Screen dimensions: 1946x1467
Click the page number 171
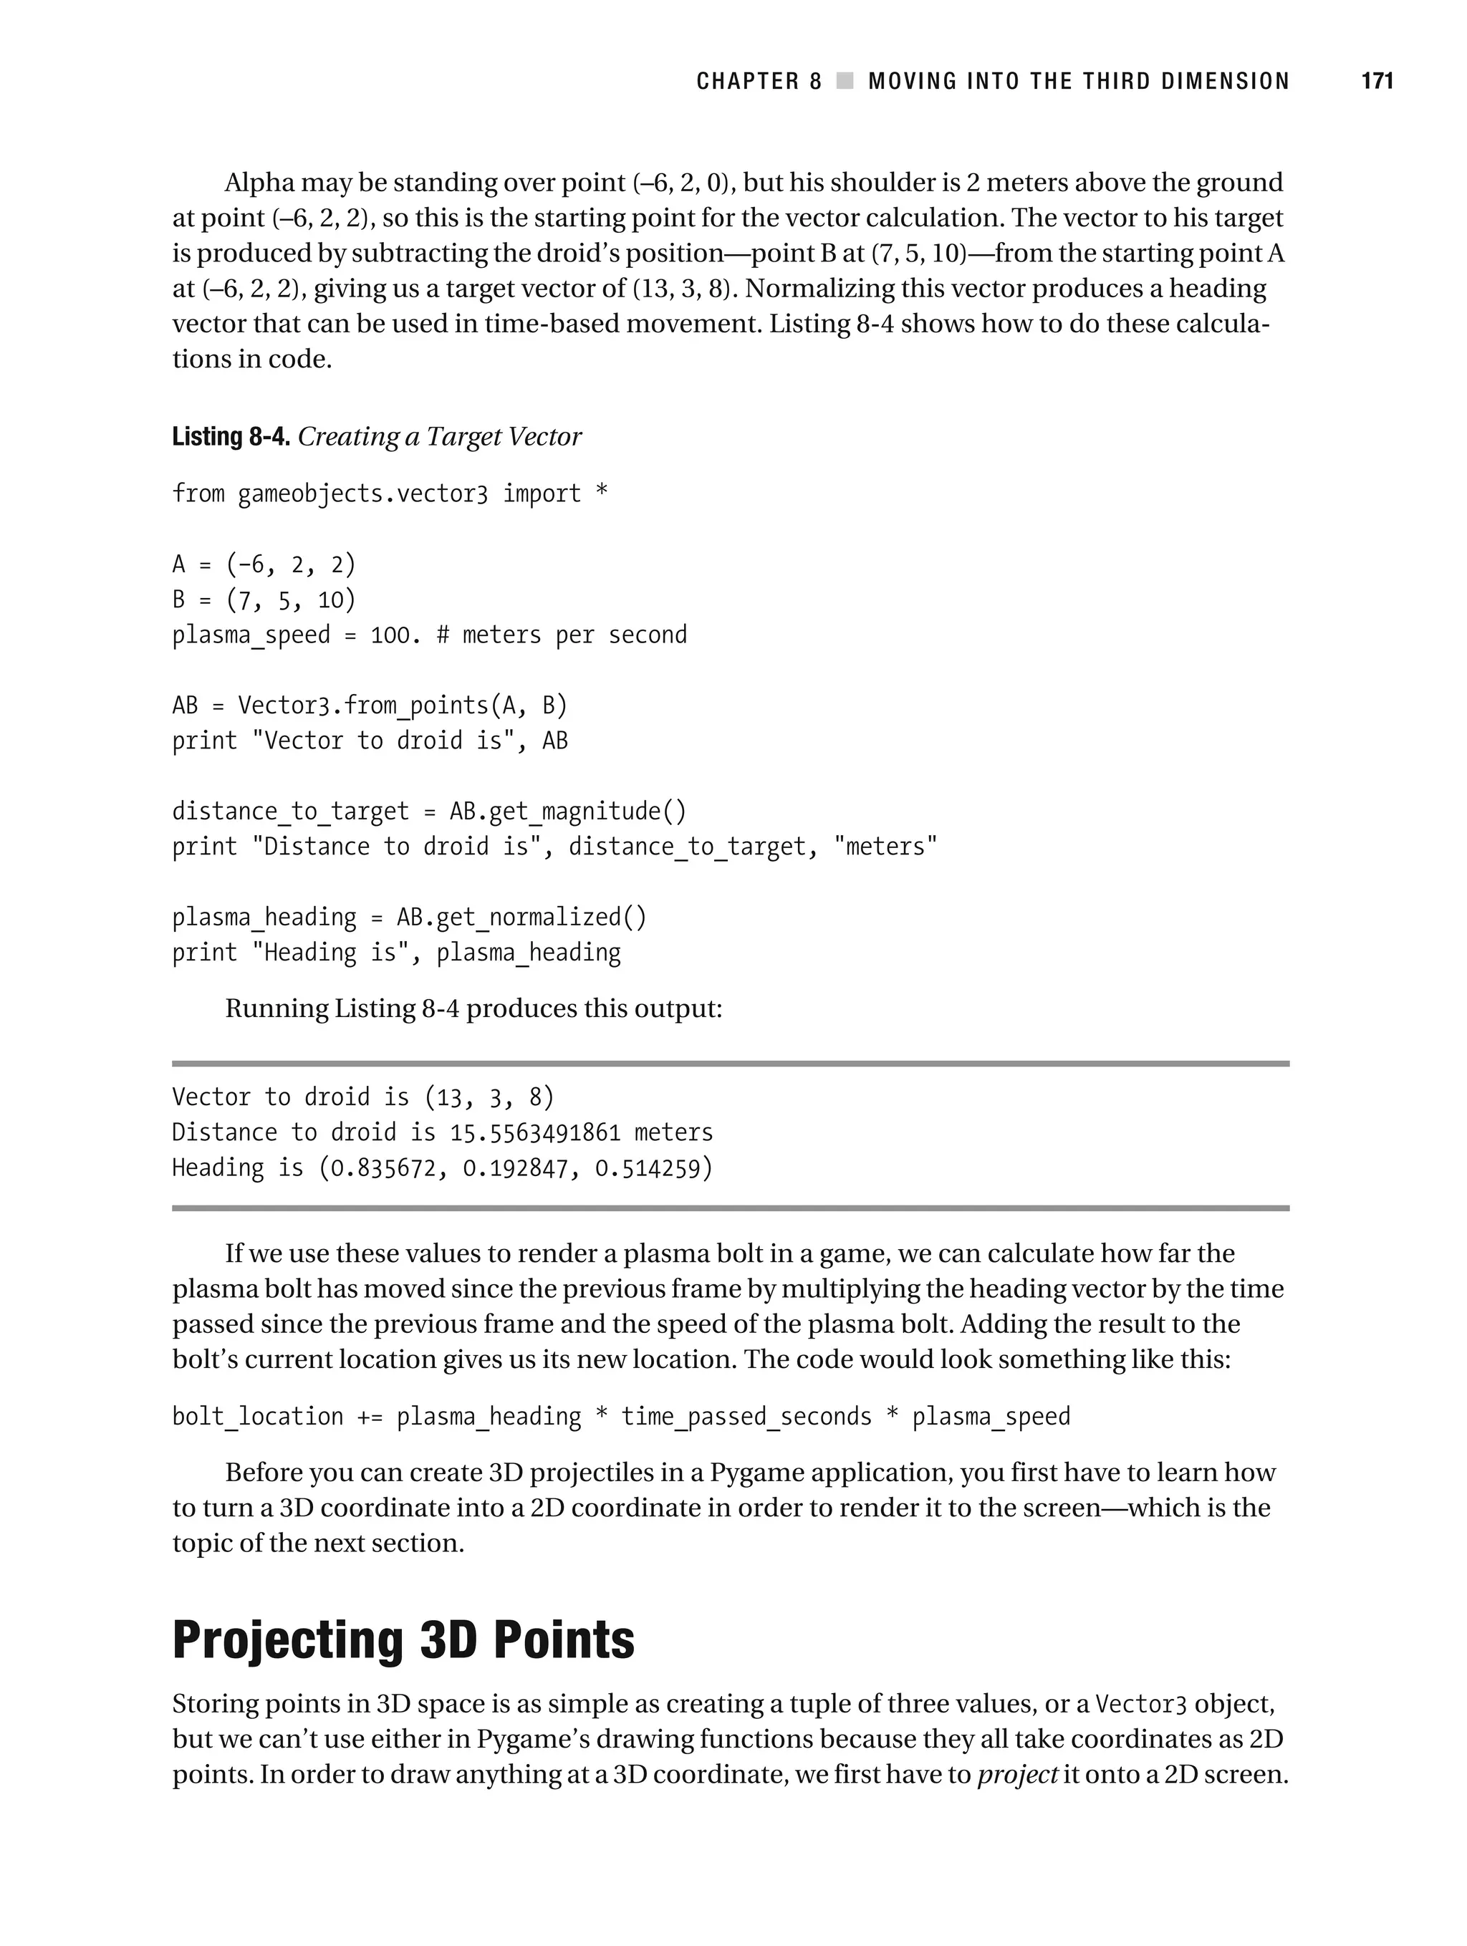click(1376, 81)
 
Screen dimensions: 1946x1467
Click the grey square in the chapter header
click(845, 81)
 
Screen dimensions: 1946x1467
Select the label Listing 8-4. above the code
click(231, 436)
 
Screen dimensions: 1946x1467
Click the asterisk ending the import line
click(601, 493)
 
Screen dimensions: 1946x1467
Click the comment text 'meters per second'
click(574, 635)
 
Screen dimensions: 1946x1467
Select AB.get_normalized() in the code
click(521, 917)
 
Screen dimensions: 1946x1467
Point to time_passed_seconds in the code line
click(746, 1417)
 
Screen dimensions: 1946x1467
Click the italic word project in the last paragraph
click(1017, 1774)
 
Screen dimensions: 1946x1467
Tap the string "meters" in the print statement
click(885, 847)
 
